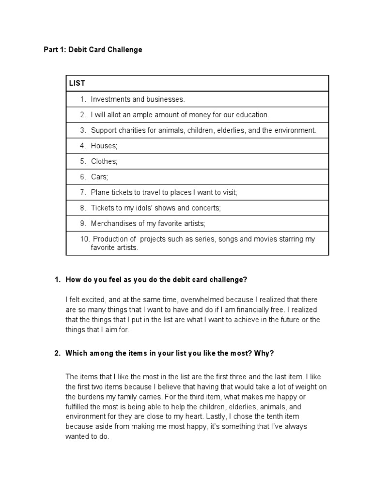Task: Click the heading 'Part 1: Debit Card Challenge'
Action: [x=93, y=50]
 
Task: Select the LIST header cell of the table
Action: [x=77, y=83]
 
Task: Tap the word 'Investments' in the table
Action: [x=110, y=99]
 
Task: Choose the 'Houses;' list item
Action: [x=104, y=146]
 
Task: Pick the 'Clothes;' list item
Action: [x=104, y=161]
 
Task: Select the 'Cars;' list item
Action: [x=100, y=177]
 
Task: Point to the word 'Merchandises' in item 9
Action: [x=112, y=223]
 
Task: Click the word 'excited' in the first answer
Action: [x=95, y=300]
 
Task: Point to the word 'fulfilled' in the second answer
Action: [x=79, y=407]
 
